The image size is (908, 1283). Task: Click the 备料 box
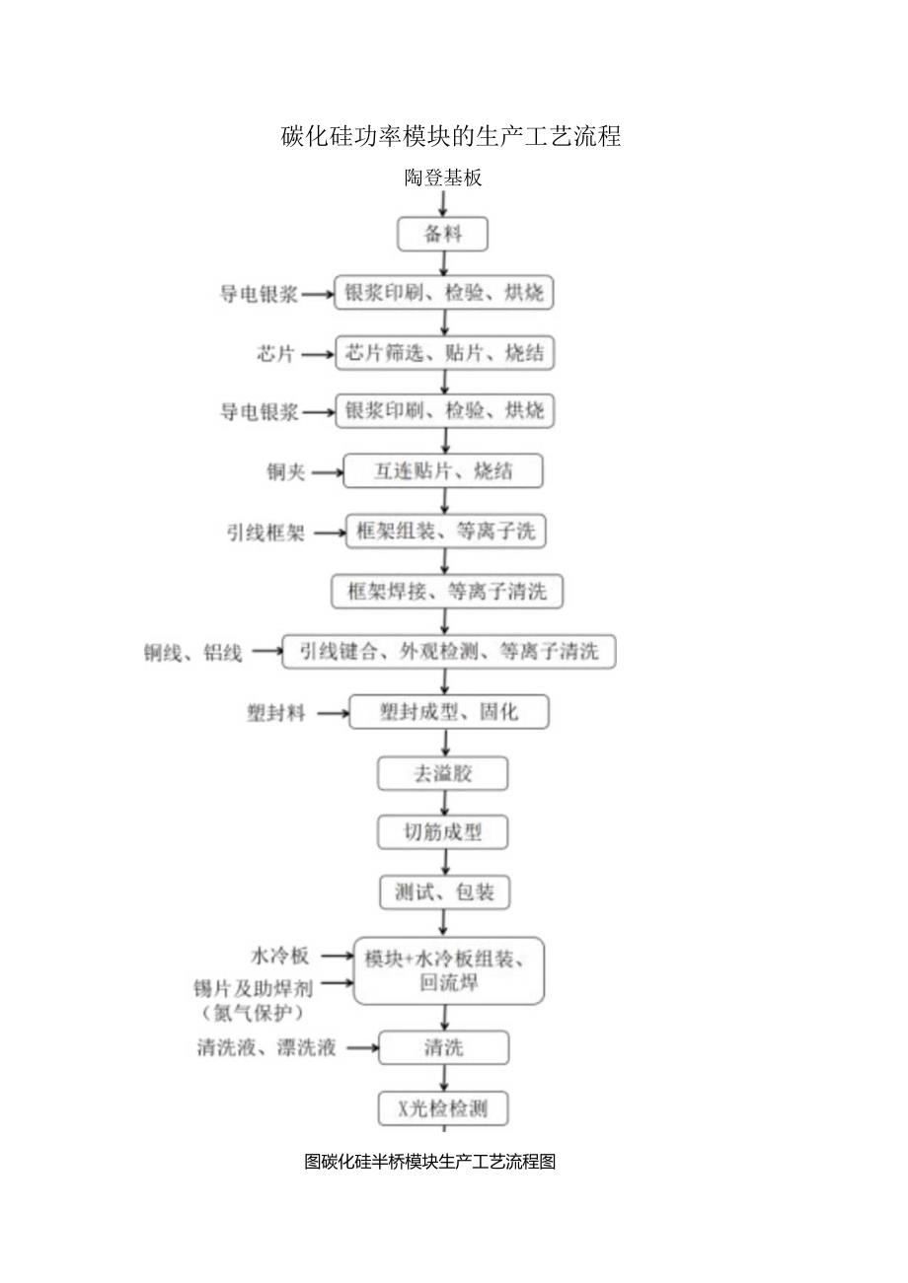443,235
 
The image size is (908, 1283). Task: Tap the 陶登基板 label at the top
443,178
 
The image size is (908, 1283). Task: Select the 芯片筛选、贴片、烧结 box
444,353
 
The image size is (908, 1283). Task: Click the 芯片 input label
276,354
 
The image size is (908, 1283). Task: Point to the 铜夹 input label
285,472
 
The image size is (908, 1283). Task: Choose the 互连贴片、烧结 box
443,471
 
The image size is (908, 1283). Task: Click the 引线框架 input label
265,533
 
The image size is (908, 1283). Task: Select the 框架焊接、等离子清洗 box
446,592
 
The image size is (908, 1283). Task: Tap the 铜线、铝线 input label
192,652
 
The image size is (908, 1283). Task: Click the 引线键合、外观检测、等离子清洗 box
449,652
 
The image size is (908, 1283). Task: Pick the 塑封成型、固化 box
449,711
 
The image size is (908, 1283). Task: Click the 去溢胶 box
443,773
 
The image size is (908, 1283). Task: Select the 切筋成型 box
443,832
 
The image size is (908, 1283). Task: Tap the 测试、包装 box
444,893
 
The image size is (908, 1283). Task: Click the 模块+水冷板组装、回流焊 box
449,970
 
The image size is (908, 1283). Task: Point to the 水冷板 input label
279,956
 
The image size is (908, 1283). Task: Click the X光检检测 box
444,1108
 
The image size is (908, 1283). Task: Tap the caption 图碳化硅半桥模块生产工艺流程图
430,1162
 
